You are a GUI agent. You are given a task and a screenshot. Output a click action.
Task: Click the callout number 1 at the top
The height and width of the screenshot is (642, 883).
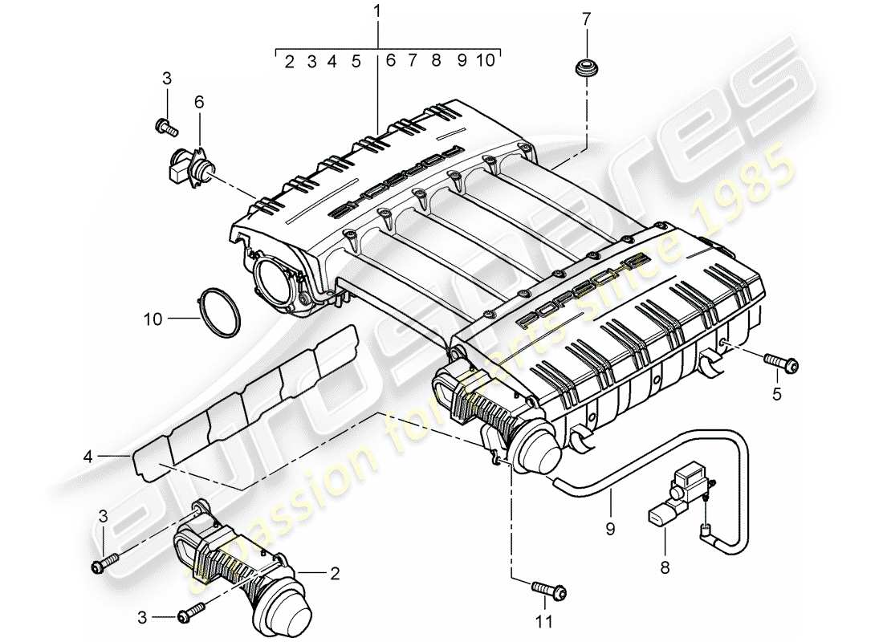click(378, 14)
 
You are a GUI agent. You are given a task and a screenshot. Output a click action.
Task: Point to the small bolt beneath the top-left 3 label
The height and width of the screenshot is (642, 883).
click(163, 125)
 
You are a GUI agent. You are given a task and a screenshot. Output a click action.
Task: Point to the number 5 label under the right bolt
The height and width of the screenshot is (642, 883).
click(775, 395)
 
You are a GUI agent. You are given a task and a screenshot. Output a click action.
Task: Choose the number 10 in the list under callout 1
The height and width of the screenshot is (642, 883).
click(485, 61)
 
